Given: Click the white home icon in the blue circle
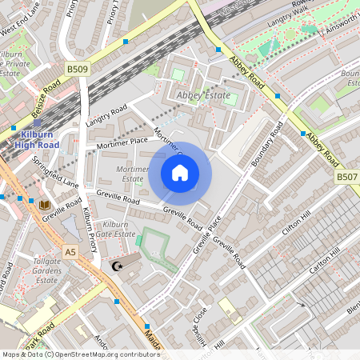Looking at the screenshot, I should (180, 173).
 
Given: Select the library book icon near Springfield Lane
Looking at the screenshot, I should (44, 205).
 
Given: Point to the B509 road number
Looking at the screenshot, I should (78, 70).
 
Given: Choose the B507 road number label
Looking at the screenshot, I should (346, 176).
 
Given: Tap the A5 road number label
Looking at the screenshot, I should (71, 252).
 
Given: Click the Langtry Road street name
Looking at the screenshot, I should (107, 115).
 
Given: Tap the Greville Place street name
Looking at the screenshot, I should (206, 236).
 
